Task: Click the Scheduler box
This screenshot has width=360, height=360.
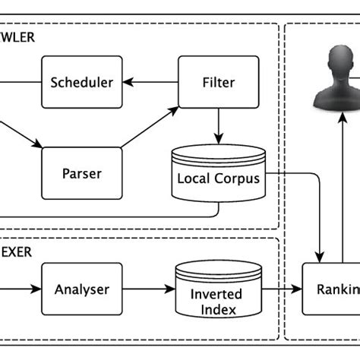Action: point(81,81)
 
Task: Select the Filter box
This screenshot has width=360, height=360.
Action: point(219,81)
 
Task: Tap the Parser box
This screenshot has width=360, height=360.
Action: point(81,173)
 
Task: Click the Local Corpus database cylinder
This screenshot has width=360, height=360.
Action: point(219,174)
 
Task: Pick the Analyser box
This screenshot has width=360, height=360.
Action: point(81,289)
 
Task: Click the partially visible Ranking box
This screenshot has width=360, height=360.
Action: point(331,289)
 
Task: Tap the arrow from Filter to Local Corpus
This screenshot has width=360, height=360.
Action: point(219,125)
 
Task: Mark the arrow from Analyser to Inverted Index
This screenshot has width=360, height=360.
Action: point(149,289)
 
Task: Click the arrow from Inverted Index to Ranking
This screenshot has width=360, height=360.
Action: point(282,289)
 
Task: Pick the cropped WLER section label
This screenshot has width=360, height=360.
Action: point(19,36)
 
